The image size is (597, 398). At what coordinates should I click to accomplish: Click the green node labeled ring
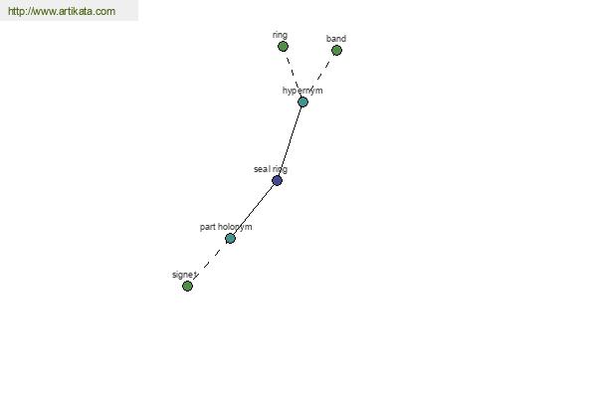[x=283, y=47]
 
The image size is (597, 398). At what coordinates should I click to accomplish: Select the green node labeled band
[x=336, y=51]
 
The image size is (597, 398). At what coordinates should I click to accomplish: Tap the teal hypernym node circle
[x=302, y=102]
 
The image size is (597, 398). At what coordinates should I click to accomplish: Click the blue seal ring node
[x=278, y=180]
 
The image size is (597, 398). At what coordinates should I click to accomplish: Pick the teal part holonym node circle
[x=230, y=239]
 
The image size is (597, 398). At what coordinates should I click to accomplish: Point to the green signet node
[x=187, y=286]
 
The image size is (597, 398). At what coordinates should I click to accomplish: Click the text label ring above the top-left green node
[x=280, y=35]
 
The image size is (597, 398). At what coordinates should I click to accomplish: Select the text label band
[x=336, y=39]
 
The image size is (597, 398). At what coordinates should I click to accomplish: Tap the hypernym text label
[x=302, y=91]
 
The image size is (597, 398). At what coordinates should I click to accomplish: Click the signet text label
[x=184, y=275]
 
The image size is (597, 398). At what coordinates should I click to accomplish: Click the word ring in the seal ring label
[x=280, y=169]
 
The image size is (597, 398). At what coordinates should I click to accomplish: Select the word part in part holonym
[x=208, y=227]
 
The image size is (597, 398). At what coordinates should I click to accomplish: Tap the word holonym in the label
[x=235, y=227]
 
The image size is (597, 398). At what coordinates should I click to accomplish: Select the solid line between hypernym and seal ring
[x=290, y=141]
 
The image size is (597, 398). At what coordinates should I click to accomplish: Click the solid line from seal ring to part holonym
[x=254, y=210]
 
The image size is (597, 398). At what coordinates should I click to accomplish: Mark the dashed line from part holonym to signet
[x=208, y=263]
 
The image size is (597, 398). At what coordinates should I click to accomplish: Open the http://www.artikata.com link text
[x=62, y=11]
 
